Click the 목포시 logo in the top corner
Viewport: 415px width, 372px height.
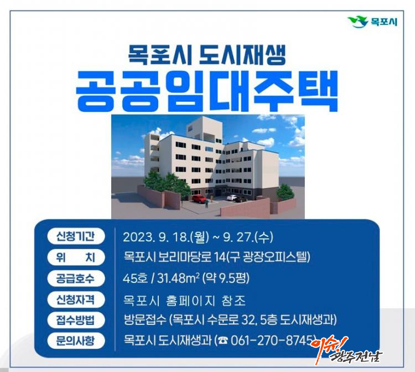coord(372,22)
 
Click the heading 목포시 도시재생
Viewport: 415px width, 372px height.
coord(207,55)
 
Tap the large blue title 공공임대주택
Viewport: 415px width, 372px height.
coord(207,91)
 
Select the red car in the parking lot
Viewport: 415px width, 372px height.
coord(199,199)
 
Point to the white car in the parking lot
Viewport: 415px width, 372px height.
coord(232,198)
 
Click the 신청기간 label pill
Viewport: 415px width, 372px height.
coord(75,236)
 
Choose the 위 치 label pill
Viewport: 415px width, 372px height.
coord(75,257)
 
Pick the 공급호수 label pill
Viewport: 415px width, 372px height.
coord(75,278)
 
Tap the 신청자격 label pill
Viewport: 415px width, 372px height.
coord(75,299)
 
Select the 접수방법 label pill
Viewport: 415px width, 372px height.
coord(75,320)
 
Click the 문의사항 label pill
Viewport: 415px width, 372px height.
coord(75,340)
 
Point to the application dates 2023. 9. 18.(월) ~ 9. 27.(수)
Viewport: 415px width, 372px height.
coord(198,237)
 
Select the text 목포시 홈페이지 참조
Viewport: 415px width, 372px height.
coord(184,301)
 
